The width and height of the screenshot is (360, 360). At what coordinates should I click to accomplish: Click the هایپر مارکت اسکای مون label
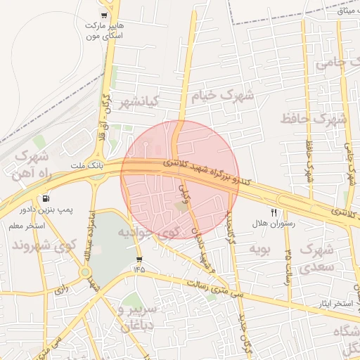(x=103, y=30)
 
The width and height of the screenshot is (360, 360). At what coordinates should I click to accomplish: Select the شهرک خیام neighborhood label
(x=226, y=94)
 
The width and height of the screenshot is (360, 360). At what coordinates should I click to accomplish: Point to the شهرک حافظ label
(x=314, y=118)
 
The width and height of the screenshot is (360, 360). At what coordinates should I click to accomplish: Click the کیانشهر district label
(x=138, y=102)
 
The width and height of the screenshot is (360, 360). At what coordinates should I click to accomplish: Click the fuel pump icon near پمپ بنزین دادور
(x=46, y=199)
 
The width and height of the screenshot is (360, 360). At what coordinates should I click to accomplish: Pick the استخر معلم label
(x=27, y=226)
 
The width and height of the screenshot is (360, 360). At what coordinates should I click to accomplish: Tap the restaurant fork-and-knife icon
(x=274, y=212)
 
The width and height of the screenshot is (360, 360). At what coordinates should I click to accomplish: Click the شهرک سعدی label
(x=316, y=258)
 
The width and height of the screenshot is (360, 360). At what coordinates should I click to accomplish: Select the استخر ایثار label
(x=333, y=303)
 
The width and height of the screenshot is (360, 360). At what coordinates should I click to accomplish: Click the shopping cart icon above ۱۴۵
(x=139, y=259)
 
